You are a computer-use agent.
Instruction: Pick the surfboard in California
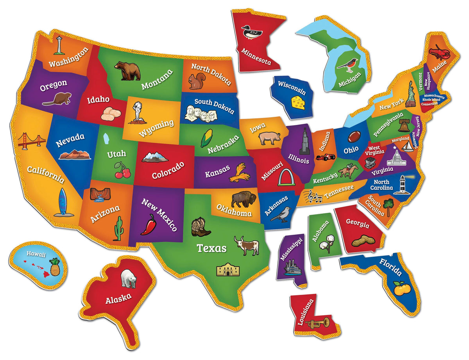(x=62, y=203)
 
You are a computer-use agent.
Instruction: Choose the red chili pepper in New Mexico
(x=149, y=225)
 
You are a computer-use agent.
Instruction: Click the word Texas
(x=211, y=248)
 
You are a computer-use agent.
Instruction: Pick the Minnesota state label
(x=256, y=56)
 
